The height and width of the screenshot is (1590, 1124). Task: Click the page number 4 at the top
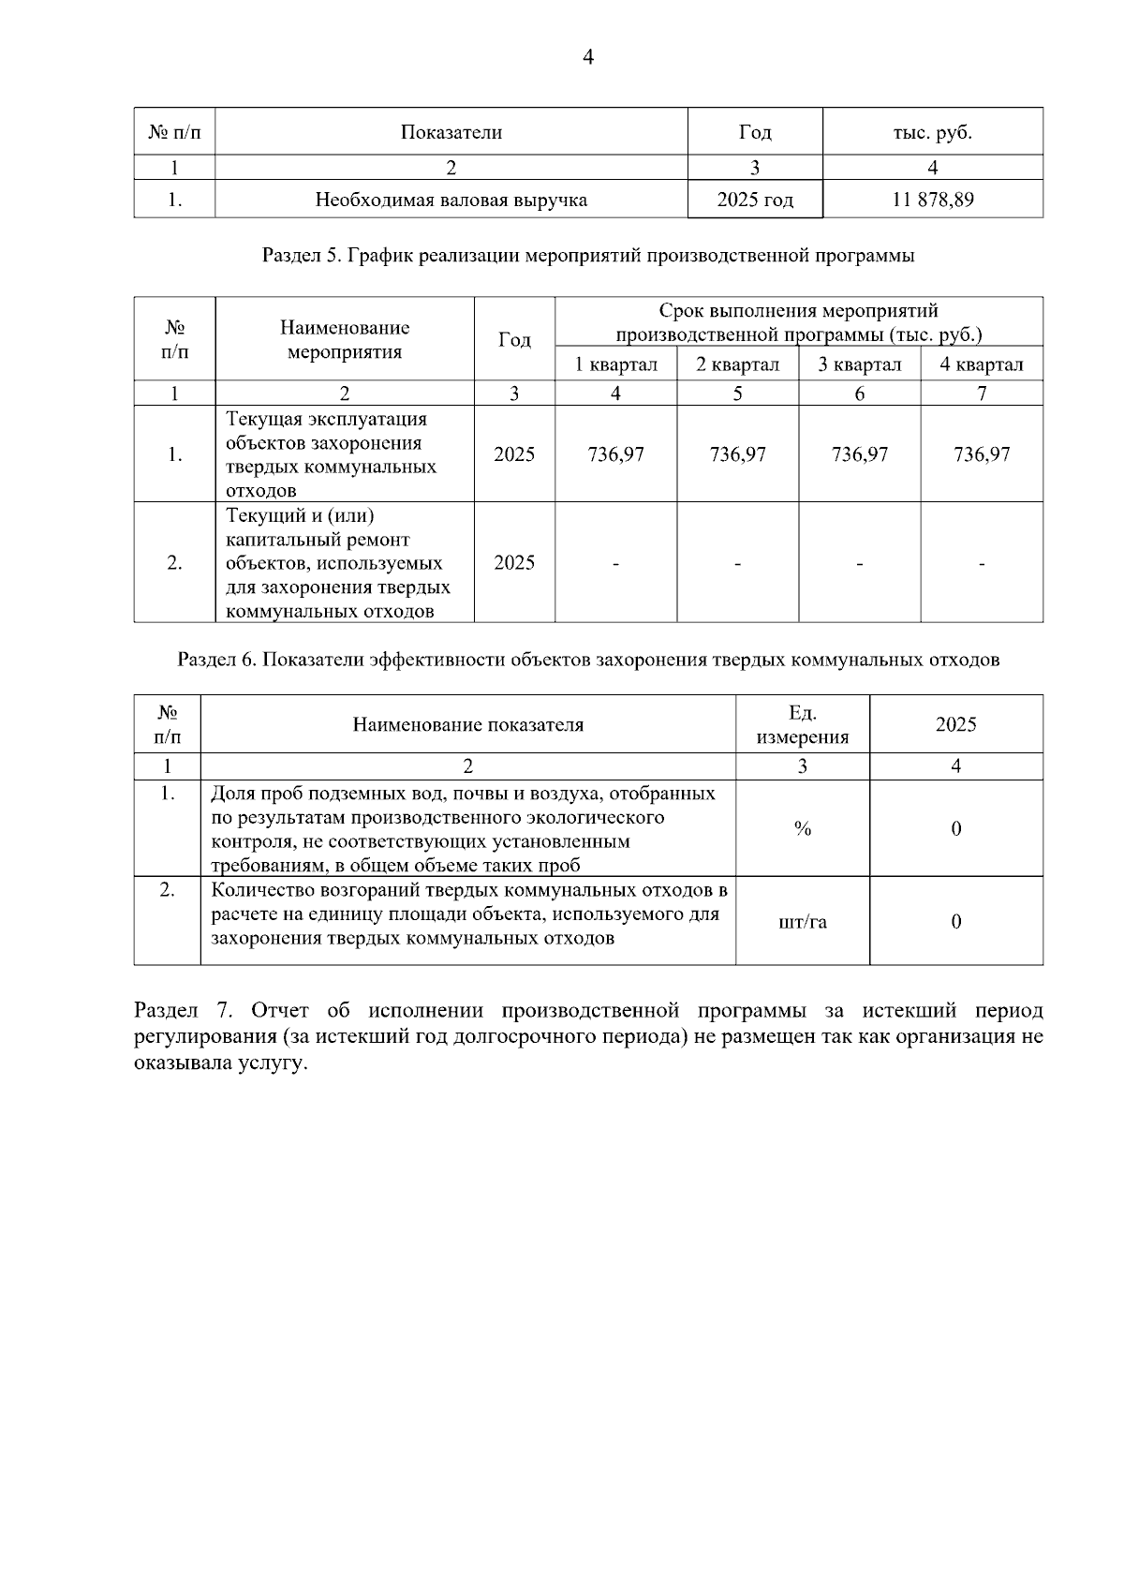(x=587, y=58)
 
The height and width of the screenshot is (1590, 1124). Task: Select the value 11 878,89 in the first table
(x=932, y=200)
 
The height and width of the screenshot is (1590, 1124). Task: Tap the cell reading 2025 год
(x=755, y=200)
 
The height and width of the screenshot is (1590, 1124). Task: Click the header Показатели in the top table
(x=451, y=132)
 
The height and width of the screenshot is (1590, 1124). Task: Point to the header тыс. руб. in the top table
(x=932, y=132)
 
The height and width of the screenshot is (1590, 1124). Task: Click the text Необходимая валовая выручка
(x=451, y=200)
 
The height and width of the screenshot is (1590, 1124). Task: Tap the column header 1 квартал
(x=615, y=364)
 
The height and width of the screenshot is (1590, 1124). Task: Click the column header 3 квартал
(x=859, y=364)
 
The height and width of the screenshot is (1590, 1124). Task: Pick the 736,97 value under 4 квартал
(x=982, y=454)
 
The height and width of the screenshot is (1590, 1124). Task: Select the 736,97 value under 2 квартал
(x=737, y=454)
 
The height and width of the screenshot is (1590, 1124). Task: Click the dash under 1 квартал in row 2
(x=615, y=563)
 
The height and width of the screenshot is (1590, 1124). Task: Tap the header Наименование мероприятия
(x=344, y=340)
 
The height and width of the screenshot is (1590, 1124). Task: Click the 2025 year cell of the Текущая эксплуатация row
(x=514, y=454)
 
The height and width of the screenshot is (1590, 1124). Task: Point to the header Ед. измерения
(x=802, y=724)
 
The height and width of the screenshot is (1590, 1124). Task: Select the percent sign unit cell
(x=802, y=828)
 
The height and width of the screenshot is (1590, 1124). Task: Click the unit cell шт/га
(x=802, y=922)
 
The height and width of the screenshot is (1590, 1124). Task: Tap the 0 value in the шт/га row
(x=955, y=922)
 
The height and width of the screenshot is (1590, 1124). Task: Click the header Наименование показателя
(x=467, y=724)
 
